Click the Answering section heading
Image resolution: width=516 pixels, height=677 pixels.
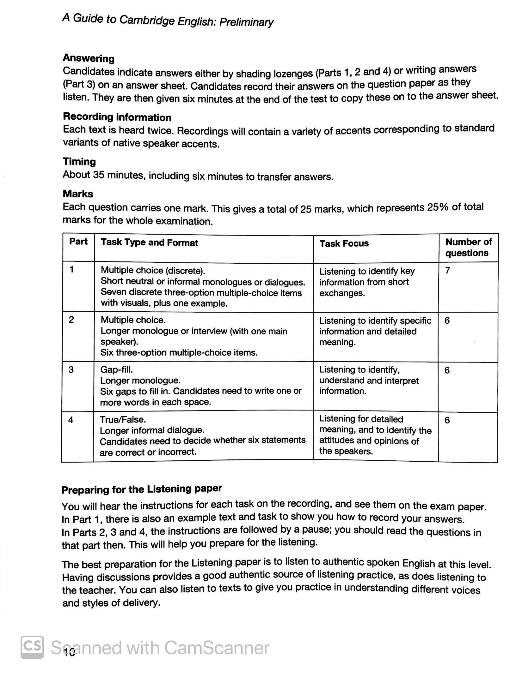89,58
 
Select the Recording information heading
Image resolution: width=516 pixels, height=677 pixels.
117,117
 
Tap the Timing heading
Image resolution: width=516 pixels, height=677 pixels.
79,162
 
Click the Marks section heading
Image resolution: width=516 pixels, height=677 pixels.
78,194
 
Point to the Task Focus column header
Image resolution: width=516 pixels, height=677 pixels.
344,243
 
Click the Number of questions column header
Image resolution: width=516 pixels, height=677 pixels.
468,248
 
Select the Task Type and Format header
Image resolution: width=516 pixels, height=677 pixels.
149,243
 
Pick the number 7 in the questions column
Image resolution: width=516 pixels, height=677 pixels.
447,271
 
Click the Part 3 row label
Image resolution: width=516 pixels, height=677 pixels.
71,370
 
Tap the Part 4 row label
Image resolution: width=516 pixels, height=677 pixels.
71,420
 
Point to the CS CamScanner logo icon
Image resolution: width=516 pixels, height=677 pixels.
32,647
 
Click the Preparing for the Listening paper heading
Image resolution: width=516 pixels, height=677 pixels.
142,489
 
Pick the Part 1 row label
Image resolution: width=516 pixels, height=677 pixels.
72,270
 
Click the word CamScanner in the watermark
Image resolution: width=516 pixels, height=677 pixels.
217,648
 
